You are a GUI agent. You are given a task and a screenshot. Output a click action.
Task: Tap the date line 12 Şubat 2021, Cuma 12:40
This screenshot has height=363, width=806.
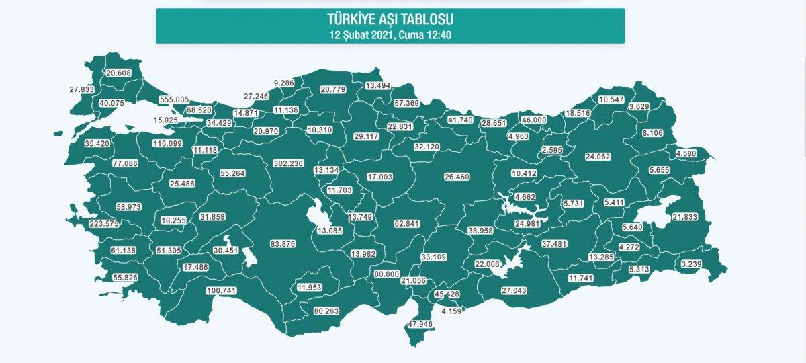coord(390,34)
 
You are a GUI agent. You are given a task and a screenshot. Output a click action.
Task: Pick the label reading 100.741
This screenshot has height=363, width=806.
coord(222,291)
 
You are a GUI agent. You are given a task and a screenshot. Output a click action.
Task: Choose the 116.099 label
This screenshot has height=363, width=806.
coord(168,144)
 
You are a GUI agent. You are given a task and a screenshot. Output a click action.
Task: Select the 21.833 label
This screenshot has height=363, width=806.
coord(686,216)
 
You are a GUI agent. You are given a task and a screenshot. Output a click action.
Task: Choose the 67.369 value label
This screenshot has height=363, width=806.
coord(406,103)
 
